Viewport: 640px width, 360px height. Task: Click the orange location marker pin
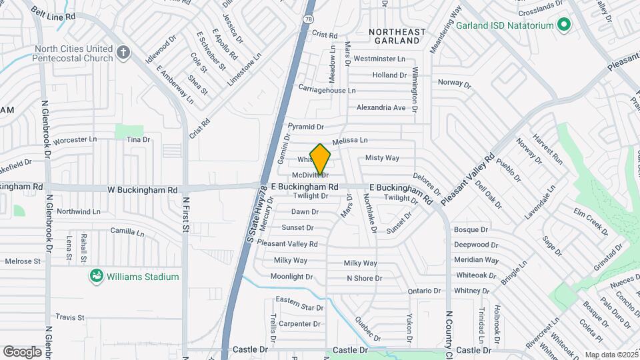pyautogui.click(x=320, y=159)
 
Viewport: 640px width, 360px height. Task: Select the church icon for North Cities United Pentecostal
pyautogui.click(x=123, y=52)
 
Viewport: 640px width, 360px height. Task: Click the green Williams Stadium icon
pyautogui.click(x=97, y=276)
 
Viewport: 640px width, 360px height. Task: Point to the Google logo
pyautogui.click(x=22, y=351)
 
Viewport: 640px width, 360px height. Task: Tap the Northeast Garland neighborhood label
pyautogui.click(x=397, y=36)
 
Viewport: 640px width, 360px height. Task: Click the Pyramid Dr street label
pyautogui.click(x=305, y=127)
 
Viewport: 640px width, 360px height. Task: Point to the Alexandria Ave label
pyautogui.click(x=381, y=107)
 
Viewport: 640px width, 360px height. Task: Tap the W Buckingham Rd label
pyautogui.click(x=143, y=189)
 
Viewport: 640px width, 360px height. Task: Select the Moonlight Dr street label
pyautogui.click(x=291, y=277)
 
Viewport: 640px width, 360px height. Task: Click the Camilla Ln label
pyautogui.click(x=127, y=233)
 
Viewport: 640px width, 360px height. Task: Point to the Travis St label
pyautogui.click(x=70, y=317)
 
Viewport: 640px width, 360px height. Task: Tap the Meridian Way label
pyautogui.click(x=476, y=260)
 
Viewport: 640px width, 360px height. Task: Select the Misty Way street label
pyautogui.click(x=382, y=158)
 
